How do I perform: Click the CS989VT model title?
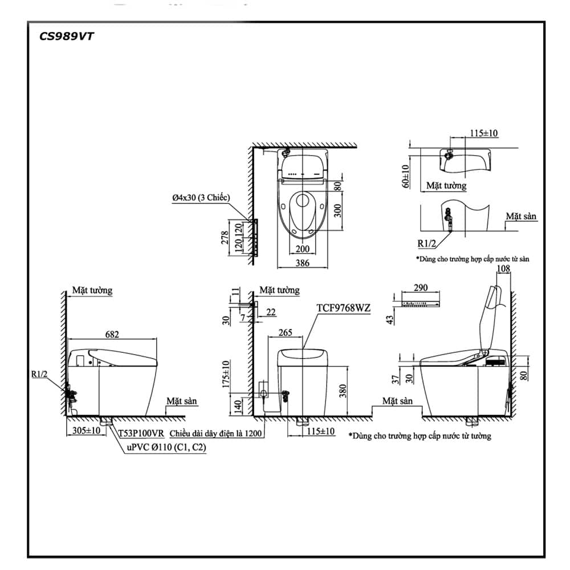(x=66, y=36)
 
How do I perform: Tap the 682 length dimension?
(x=112, y=335)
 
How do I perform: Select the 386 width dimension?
(x=303, y=263)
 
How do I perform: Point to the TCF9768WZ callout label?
(x=344, y=308)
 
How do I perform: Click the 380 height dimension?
(x=343, y=391)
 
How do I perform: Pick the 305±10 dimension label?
(x=86, y=430)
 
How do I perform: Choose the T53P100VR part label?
(x=141, y=433)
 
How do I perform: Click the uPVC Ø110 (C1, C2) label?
(x=166, y=447)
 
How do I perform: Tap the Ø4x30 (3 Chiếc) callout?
(x=201, y=198)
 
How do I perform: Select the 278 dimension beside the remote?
(x=225, y=238)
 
